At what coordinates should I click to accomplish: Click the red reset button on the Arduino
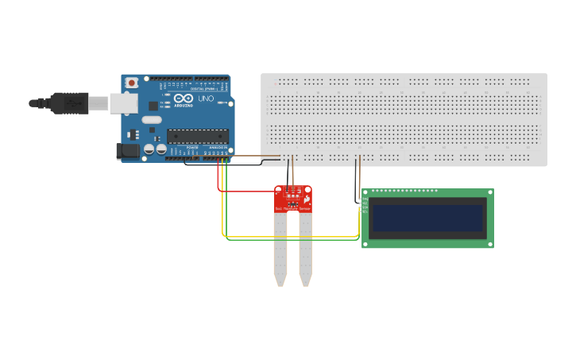131,83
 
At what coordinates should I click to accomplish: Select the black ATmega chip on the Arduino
197,136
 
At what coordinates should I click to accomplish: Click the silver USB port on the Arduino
123,103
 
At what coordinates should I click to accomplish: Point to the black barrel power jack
127,151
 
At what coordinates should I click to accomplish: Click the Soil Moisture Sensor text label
292,208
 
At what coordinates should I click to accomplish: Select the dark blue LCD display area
428,218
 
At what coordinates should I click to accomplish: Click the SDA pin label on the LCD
365,207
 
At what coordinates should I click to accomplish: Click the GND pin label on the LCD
365,198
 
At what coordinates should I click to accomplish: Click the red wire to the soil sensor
246,192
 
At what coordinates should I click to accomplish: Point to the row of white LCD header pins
404,191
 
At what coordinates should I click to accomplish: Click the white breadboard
404,119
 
